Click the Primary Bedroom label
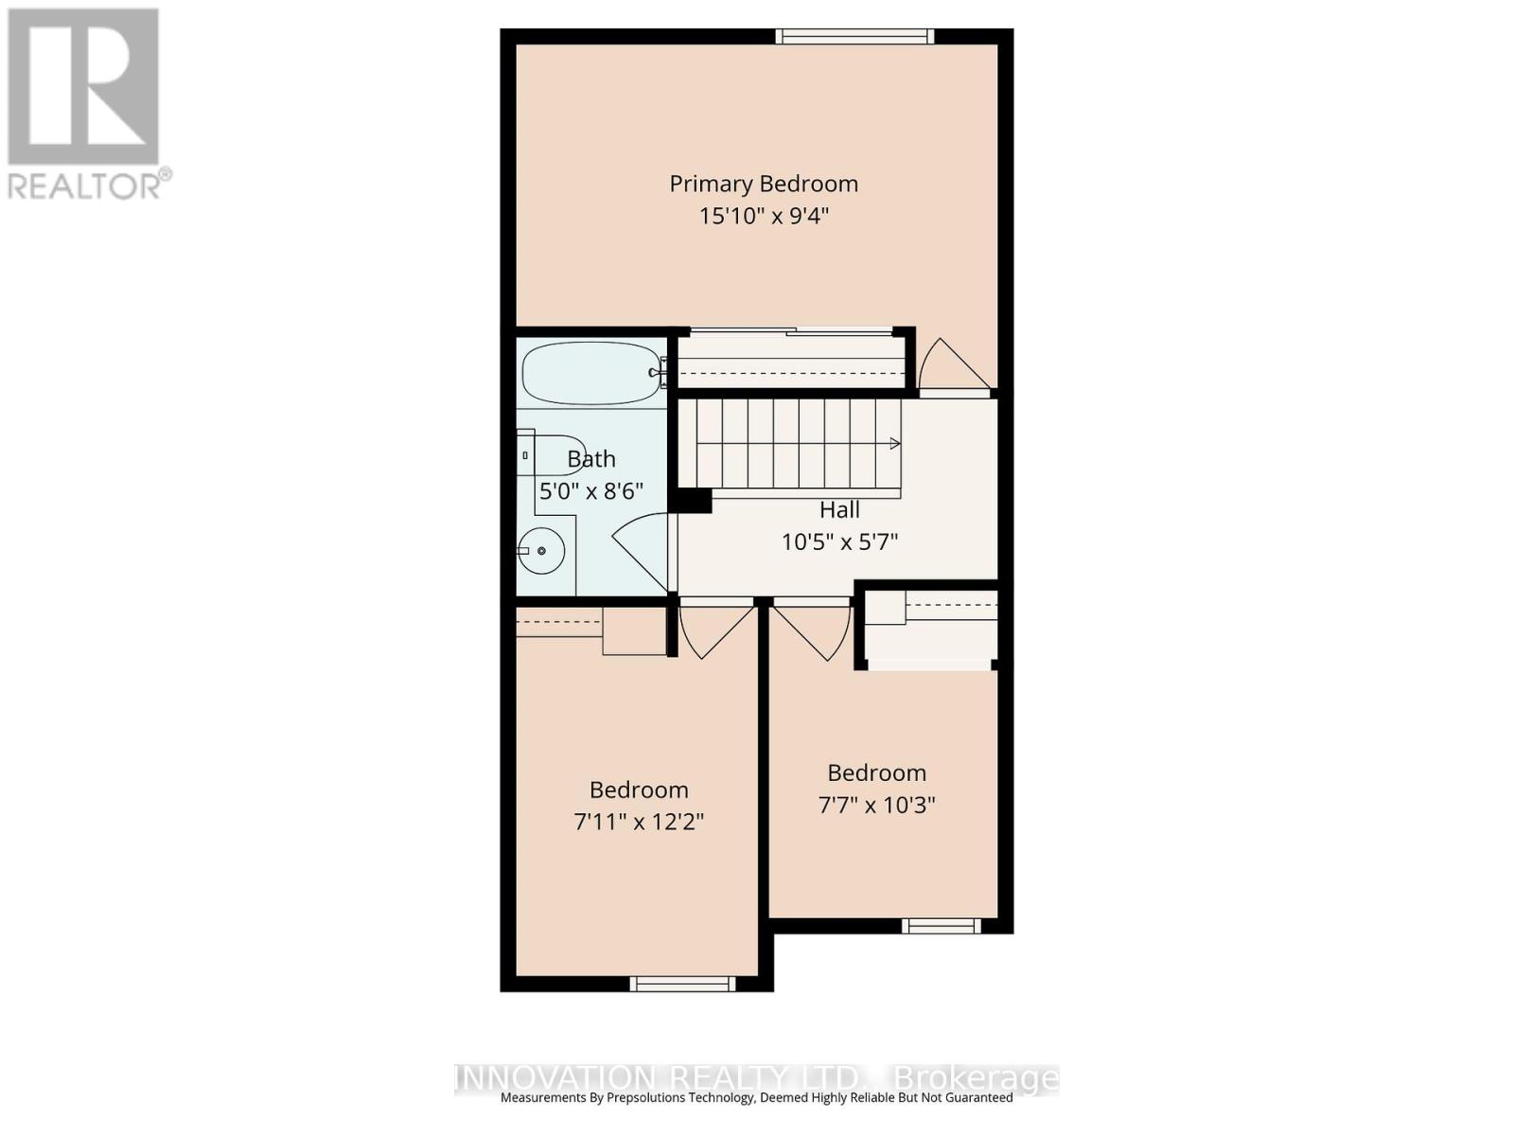764,184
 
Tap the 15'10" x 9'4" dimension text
764,216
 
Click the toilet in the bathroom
551,455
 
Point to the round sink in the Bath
542,550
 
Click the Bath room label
591,459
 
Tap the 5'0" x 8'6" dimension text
591,491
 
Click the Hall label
839,510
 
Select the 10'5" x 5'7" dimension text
839,542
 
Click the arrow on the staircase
893,443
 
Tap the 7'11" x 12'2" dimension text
639,821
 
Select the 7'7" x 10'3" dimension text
876,805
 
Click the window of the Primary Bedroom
854,37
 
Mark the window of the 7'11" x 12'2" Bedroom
682,984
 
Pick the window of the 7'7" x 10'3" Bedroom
941,926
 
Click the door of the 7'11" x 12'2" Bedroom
714,629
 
